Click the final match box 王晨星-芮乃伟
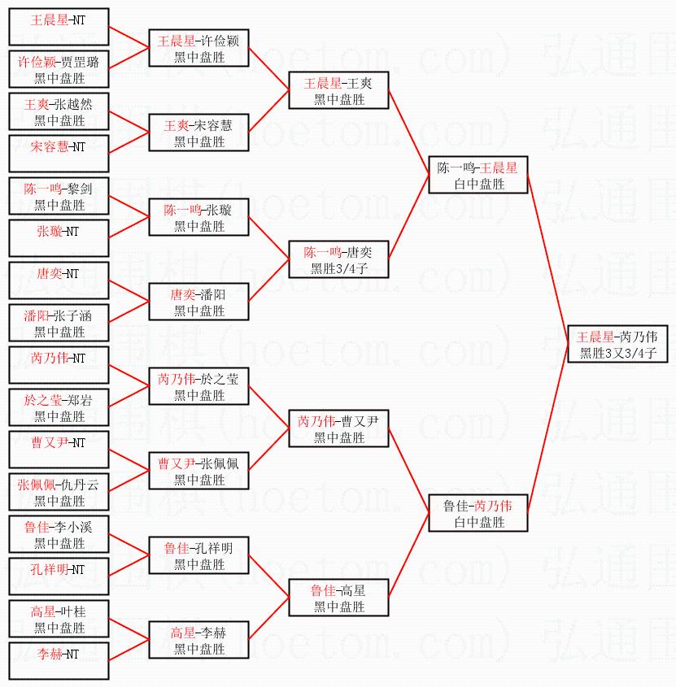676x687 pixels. pyautogui.click(x=617, y=344)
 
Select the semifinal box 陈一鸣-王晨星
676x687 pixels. pyautogui.click(x=478, y=175)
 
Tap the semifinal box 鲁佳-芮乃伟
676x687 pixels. pyautogui.click(x=478, y=513)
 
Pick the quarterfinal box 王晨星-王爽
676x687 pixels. pyautogui.click(x=338, y=90)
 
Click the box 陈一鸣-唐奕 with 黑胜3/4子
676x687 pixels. pyautogui.click(x=338, y=259)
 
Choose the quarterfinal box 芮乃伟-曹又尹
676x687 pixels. pyautogui.click(x=338, y=428)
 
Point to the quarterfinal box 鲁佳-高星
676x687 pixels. pyautogui.click(x=338, y=598)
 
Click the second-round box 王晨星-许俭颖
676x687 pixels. pyautogui.click(x=198, y=48)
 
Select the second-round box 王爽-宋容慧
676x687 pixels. pyautogui.click(x=198, y=133)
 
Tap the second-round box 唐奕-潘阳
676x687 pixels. pyautogui.click(x=198, y=302)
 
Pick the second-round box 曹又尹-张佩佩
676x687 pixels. pyautogui.click(x=198, y=471)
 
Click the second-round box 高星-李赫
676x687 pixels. pyautogui.click(x=198, y=640)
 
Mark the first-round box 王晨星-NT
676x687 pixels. pyautogui.click(x=59, y=27)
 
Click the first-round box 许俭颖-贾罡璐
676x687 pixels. pyautogui.click(x=59, y=69)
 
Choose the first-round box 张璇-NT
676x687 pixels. pyautogui.click(x=59, y=238)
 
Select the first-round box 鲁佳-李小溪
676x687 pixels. pyautogui.click(x=59, y=534)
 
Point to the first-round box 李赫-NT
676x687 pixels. pyautogui.click(x=59, y=661)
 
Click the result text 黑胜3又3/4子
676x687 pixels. pyautogui.click(x=618, y=353)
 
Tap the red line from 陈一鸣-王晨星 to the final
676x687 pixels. pyautogui.click(x=547, y=259)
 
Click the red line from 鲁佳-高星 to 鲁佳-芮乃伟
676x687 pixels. pyautogui.click(x=408, y=555)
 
